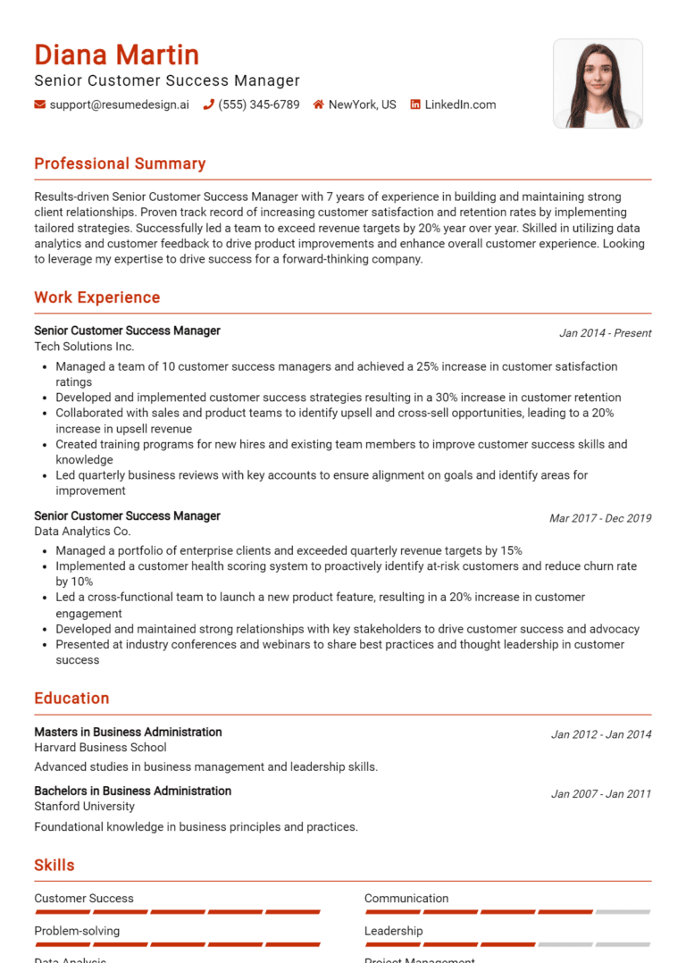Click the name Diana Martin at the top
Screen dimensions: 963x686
coord(116,54)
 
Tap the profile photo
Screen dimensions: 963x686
coord(598,83)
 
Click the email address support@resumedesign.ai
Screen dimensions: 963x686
coord(119,105)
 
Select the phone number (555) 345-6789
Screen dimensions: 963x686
coord(258,105)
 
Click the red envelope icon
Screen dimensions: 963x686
coord(39,105)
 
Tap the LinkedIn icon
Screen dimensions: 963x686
coord(415,105)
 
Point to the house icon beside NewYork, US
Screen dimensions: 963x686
coord(318,105)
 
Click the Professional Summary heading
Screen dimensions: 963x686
coord(120,163)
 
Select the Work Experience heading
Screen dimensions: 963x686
coord(96,297)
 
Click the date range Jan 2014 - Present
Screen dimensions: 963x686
coord(605,333)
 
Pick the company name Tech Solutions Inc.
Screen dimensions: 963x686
coord(84,346)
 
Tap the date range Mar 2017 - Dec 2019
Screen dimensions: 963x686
coord(600,518)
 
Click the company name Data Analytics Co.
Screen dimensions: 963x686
coord(82,532)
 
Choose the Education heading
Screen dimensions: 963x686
coord(71,699)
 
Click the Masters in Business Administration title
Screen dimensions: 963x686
coord(128,732)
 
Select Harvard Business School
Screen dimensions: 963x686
coord(100,748)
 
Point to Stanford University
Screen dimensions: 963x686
coord(84,807)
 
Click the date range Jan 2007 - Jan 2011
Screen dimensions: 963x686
coord(600,794)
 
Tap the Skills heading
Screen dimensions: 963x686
coord(54,865)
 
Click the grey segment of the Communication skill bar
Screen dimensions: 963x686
coord(623,912)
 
